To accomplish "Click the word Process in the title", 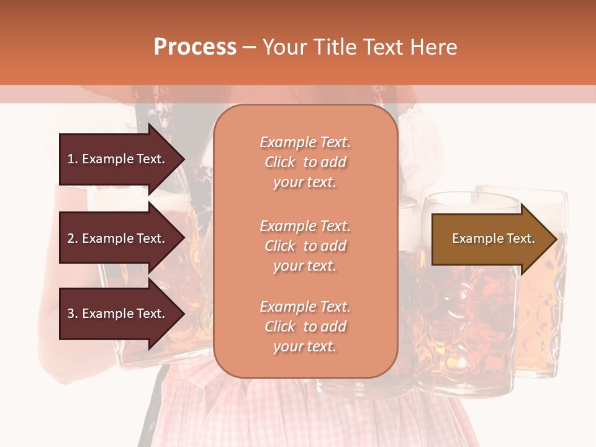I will pos(195,47).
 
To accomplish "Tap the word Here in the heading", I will pos(433,47).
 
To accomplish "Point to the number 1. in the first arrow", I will pos(73,159).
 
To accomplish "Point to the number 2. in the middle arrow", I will pos(73,238).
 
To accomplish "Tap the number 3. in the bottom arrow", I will pos(73,314).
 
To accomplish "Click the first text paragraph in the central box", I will pos(305,162).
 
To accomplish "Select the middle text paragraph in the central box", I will pos(305,246).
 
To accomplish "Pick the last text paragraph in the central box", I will pos(305,327).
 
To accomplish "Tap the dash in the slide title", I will pos(249,48).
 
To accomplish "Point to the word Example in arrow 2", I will pos(108,238).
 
